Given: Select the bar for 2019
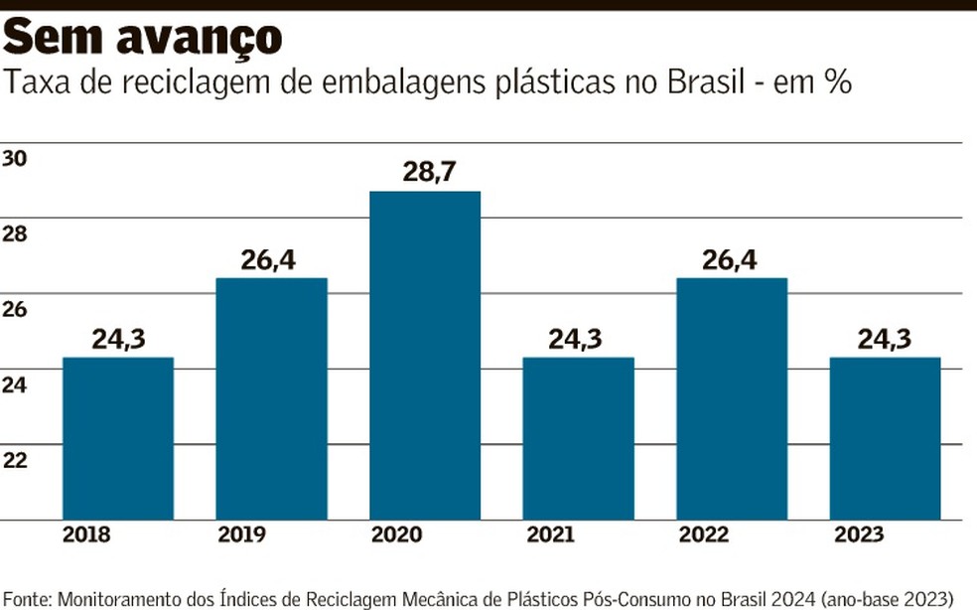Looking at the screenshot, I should [x=271, y=397].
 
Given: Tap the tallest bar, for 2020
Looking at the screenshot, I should [x=424, y=355].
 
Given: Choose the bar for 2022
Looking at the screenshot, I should [x=731, y=397].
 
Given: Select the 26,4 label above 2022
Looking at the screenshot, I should [x=731, y=259].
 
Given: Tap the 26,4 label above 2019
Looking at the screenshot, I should [x=270, y=259].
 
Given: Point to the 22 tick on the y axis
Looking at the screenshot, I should [x=15, y=459].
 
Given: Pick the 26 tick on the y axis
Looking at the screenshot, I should [x=15, y=309].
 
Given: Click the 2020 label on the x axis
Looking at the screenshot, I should [x=397, y=535].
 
